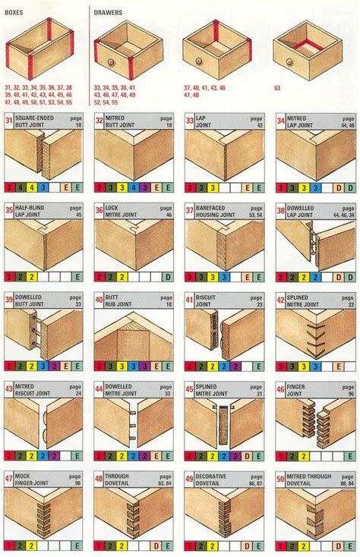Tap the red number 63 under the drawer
coord(277,88)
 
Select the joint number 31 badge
coord(10,121)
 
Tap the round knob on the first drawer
coord(111,61)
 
